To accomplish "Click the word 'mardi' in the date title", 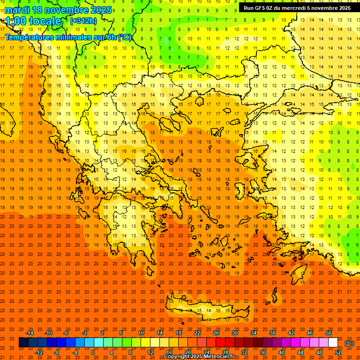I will tap(17, 10).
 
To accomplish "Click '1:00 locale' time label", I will tap(34, 21).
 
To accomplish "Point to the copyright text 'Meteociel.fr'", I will tap(218, 357).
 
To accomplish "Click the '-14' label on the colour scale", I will tap(30, 333).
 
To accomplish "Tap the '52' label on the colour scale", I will tap(338, 352).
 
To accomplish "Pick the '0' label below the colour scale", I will tap(93, 352).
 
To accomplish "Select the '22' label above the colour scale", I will tap(197, 333).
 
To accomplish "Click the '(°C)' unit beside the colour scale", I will tap(349, 343).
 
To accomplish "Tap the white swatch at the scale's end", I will tap(333, 343).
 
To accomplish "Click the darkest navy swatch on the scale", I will tap(23, 343).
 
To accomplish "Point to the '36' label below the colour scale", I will tap(263, 352).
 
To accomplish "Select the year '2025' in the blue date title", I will tap(99, 10).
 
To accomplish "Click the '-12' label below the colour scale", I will tap(39, 352).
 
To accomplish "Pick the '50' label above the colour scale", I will tap(329, 333).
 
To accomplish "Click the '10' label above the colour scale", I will tap(141, 333).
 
